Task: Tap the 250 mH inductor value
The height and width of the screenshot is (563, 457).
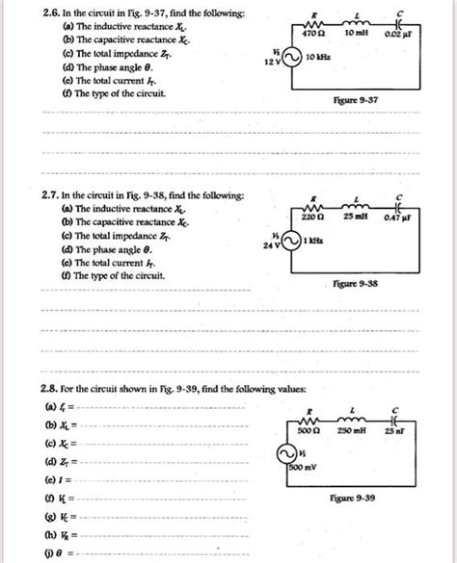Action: coord(361,430)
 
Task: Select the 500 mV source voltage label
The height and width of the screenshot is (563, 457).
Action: coord(303,469)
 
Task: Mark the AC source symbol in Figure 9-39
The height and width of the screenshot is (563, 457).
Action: coord(288,452)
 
